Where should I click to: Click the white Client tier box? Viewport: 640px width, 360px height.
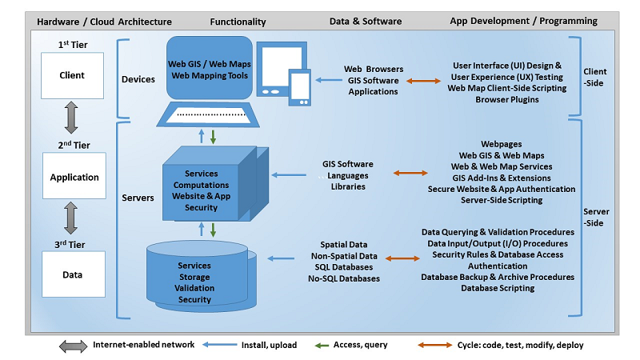tap(72, 76)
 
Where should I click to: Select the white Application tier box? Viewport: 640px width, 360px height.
tap(72, 177)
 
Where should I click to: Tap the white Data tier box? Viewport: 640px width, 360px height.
tap(72, 274)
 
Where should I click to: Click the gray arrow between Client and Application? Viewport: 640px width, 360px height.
tap(72, 118)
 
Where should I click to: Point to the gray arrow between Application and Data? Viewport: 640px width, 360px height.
tap(72, 218)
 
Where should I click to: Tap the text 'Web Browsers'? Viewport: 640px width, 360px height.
tap(374, 70)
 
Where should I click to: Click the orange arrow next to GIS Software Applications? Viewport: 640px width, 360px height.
tap(424, 81)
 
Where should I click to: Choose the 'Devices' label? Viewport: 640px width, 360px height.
tap(138, 79)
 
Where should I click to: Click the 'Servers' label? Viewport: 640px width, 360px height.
tap(138, 198)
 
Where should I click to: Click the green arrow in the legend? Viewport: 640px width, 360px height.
tap(323, 345)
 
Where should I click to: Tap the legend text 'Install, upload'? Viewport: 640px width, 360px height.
tap(269, 345)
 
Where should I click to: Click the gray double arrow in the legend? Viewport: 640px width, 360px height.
tap(73, 345)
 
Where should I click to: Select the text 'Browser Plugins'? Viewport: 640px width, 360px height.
tap(507, 99)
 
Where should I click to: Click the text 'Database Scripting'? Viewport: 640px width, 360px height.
tap(498, 288)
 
